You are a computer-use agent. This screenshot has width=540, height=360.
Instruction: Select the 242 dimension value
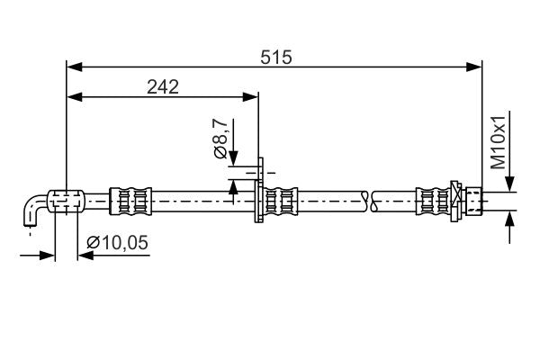163,86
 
